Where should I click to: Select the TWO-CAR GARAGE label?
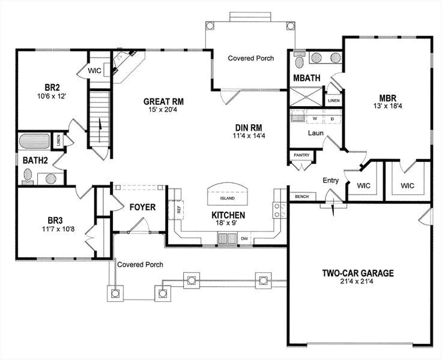[358, 273]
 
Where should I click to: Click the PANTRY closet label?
[300, 155]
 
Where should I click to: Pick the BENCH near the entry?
[300, 197]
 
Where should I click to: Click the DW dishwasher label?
[244, 239]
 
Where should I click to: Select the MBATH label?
[306, 78]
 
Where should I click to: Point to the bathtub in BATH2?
[34, 142]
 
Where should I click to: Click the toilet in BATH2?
[28, 175]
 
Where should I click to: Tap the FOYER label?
[142, 208]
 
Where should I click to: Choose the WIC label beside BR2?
[95, 70]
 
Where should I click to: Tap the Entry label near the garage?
[330, 180]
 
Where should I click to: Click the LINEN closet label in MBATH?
[335, 100]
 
